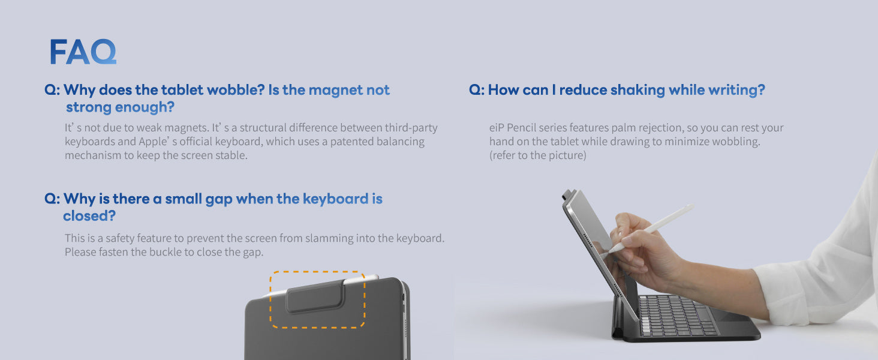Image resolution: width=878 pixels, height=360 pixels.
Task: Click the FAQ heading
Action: [83, 52]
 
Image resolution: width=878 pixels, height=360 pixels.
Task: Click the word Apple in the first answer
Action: [153, 142]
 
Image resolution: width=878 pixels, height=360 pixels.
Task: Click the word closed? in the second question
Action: [89, 215]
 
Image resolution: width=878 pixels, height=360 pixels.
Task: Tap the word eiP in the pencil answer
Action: [497, 128]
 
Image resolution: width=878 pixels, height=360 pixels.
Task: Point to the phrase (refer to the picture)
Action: [538, 155]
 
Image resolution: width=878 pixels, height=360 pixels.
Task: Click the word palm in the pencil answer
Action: [623, 128]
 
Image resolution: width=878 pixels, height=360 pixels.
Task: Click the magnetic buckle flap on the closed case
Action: [316, 297]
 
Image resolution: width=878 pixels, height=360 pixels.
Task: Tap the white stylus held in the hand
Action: [650, 228]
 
